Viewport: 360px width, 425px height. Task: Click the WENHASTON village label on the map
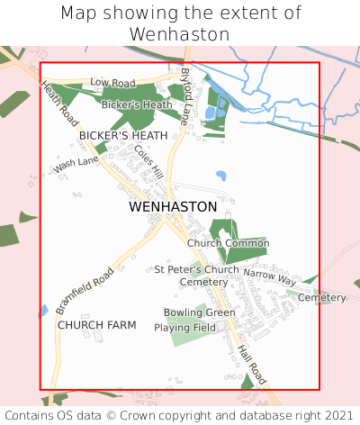pos(173,206)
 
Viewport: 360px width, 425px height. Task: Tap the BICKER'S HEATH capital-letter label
pos(123,135)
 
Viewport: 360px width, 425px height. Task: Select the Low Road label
pos(112,82)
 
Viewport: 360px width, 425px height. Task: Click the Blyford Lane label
pos(186,95)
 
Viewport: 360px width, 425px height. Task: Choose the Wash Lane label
pos(76,166)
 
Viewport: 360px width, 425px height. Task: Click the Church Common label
pos(229,243)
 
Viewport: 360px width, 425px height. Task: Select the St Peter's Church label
pos(196,269)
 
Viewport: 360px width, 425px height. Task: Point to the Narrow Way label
pos(269,276)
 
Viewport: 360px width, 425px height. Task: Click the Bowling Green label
pos(200,312)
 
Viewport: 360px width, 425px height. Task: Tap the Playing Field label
pos(184,328)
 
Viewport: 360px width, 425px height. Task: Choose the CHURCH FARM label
pos(96,324)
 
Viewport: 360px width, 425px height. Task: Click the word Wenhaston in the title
pos(180,33)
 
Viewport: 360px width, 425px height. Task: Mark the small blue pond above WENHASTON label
pos(220,176)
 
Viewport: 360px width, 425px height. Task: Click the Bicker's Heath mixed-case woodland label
pos(137,105)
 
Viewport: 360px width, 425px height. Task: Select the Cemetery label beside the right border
pos(321,297)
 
